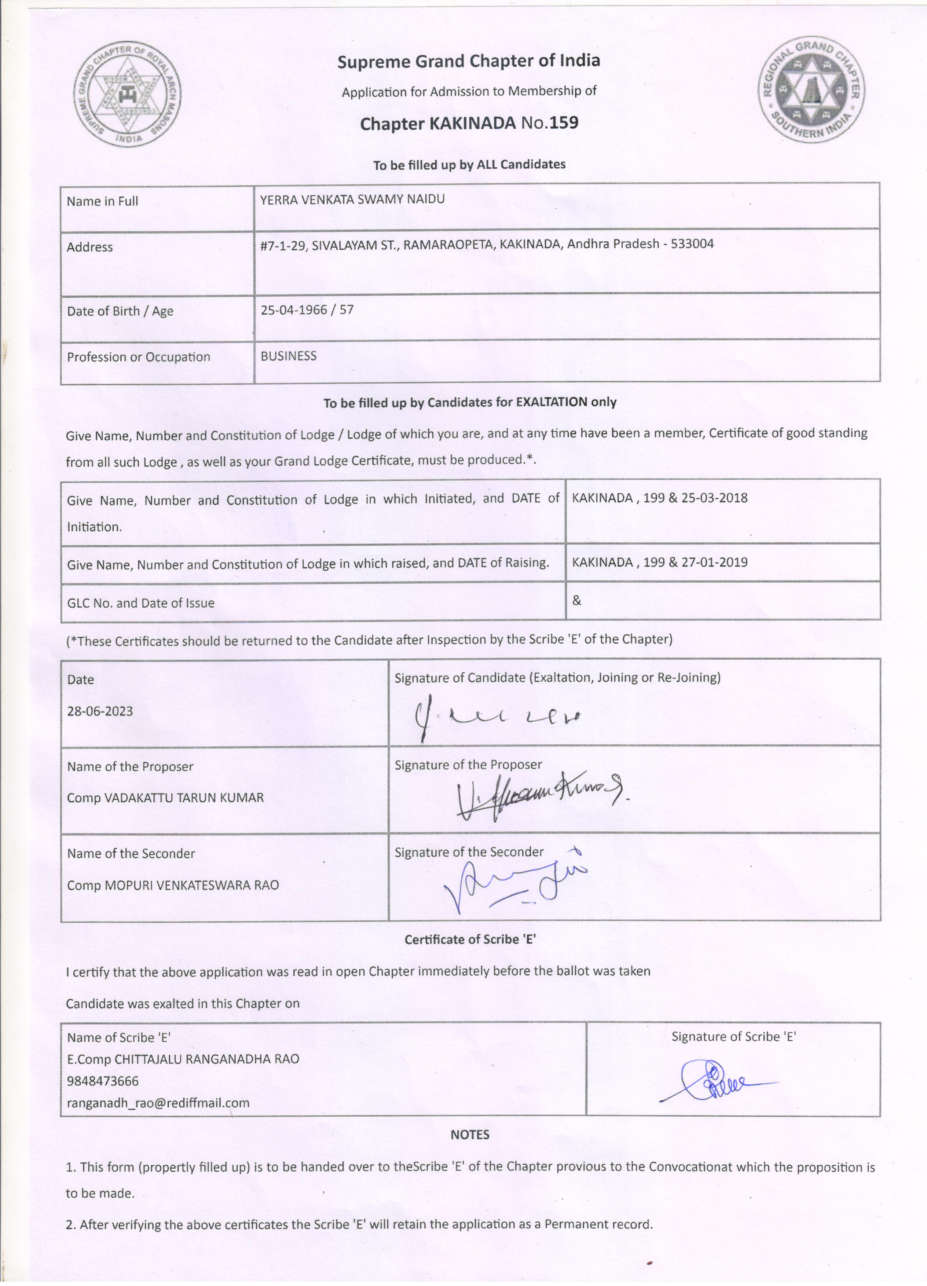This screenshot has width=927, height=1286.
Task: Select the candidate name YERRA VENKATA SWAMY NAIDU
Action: point(352,199)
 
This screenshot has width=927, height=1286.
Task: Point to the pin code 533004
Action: point(692,244)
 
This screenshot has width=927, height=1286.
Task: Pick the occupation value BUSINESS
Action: point(289,356)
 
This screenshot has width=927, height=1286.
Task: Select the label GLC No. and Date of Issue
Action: point(140,603)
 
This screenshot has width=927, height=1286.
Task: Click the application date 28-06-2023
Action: point(100,711)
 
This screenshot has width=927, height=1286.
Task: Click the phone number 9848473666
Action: point(103,1081)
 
